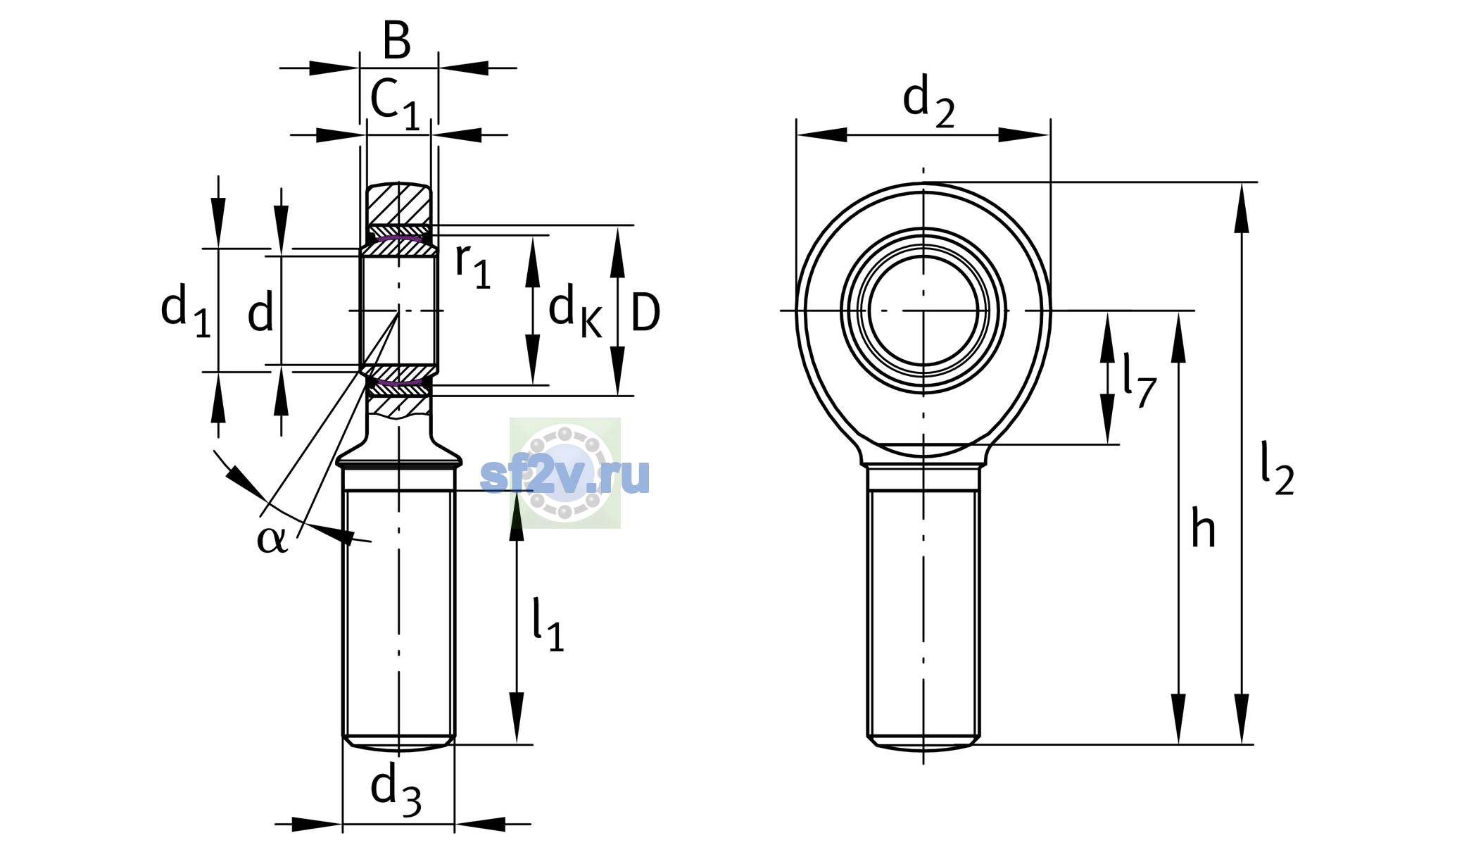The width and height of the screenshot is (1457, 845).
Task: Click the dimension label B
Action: coord(397,41)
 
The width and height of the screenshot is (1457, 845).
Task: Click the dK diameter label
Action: coord(575,311)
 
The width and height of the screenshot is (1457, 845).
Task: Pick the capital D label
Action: coord(645,312)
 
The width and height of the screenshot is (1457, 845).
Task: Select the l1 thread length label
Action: coord(548,625)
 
